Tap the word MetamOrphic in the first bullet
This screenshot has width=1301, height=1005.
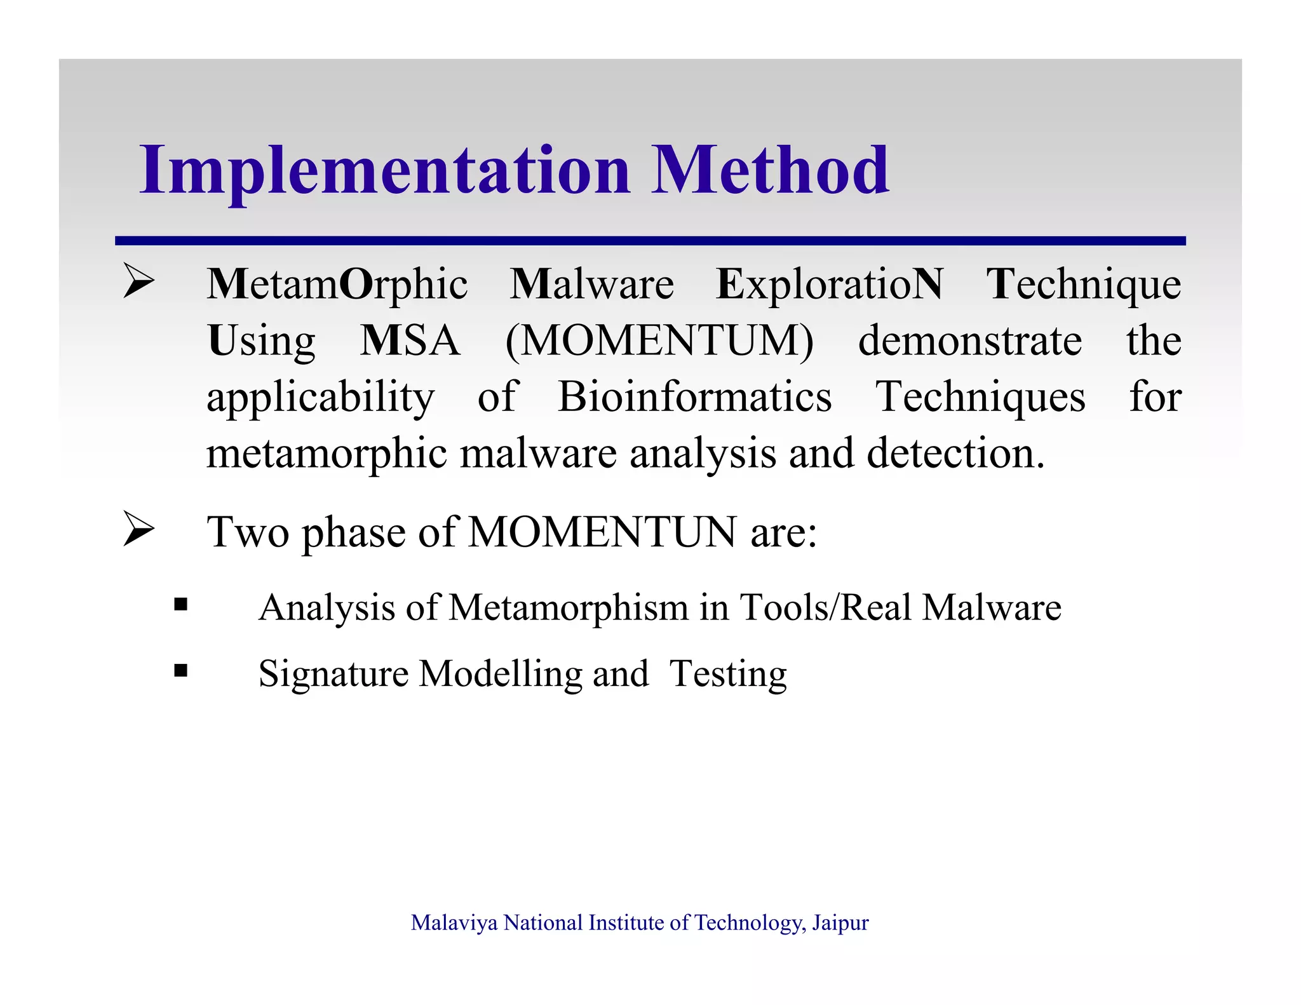[337, 284]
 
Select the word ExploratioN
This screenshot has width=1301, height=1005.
[829, 284]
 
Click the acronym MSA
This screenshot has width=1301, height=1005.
[410, 341]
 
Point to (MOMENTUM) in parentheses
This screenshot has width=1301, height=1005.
[659, 341]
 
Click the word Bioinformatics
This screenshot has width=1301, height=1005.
[694, 397]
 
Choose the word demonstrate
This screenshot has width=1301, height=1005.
[969, 341]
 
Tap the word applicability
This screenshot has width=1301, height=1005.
[320, 398]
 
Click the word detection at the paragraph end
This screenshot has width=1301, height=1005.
[954, 454]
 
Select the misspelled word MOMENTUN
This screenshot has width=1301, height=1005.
[602, 532]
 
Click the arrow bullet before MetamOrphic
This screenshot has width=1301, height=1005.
[138, 280]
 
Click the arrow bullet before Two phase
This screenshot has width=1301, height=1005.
[138, 528]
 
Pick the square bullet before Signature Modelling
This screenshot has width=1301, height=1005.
[181, 670]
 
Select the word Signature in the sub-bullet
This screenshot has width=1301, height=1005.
[333, 674]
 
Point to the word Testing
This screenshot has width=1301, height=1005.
[728, 674]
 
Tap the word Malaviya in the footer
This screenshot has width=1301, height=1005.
[454, 922]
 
